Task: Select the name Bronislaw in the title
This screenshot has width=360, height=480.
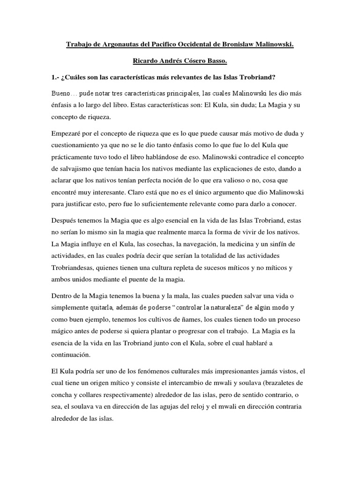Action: pyautogui.click(x=238, y=44)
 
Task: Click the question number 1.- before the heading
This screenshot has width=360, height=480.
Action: pyautogui.click(x=56, y=76)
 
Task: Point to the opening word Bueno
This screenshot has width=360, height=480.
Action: pyautogui.click(x=61, y=93)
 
